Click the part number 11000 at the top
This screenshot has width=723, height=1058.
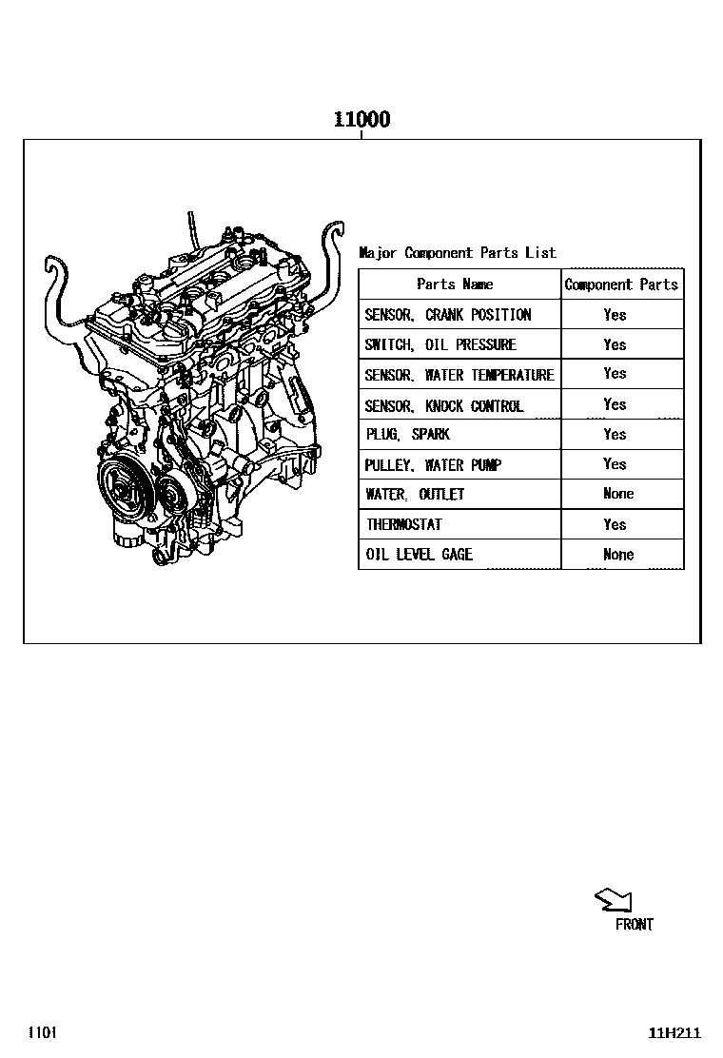(x=361, y=120)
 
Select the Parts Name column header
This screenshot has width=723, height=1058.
(x=455, y=284)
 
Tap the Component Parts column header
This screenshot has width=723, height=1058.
(x=621, y=284)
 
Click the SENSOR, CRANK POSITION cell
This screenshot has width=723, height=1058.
(x=447, y=315)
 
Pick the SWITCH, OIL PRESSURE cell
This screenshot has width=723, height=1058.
(x=440, y=344)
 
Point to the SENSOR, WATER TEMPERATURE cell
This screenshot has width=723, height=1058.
(x=459, y=375)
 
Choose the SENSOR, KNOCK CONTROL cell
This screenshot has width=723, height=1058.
(x=443, y=405)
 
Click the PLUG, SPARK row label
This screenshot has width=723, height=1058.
(x=407, y=435)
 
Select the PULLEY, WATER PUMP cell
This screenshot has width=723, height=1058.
(x=432, y=465)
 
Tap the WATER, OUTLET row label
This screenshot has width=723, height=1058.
(x=415, y=495)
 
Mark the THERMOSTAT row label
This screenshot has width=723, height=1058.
(x=404, y=524)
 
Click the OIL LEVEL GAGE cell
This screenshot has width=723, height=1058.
(x=419, y=555)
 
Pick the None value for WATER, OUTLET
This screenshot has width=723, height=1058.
(x=617, y=494)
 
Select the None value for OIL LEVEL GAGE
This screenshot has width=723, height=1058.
(x=617, y=555)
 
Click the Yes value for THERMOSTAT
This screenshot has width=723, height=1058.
(x=615, y=524)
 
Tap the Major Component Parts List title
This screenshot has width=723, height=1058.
(x=457, y=253)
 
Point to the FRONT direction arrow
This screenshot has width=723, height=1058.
(x=613, y=900)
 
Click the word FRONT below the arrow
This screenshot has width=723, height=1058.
(x=634, y=925)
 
